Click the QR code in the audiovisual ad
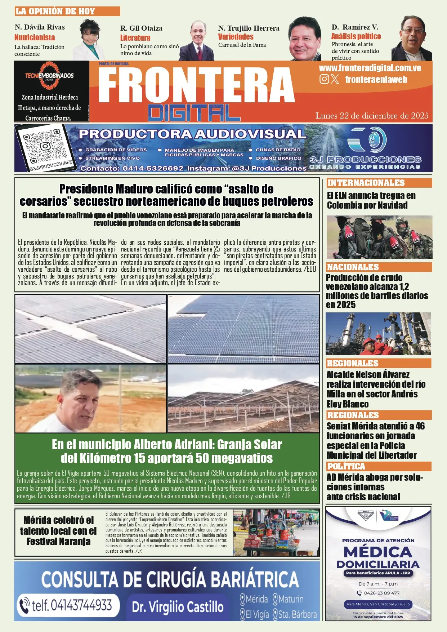(x=45, y=147)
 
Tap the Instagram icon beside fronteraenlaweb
(x=324, y=79)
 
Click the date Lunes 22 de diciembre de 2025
(x=372, y=116)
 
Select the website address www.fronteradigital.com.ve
(x=370, y=68)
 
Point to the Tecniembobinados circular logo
(x=49, y=76)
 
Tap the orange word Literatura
(x=135, y=38)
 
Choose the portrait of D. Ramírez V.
(x=412, y=39)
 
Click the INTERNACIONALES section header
(x=366, y=183)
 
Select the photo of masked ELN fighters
(x=379, y=237)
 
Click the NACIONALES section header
(x=353, y=267)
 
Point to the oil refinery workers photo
(x=378, y=334)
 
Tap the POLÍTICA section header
(x=346, y=466)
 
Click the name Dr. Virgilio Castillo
(x=178, y=607)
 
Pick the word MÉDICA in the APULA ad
(x=378, y=552)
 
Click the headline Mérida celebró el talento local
(x=58, y=531)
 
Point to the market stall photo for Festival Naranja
(x=276, y=533)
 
